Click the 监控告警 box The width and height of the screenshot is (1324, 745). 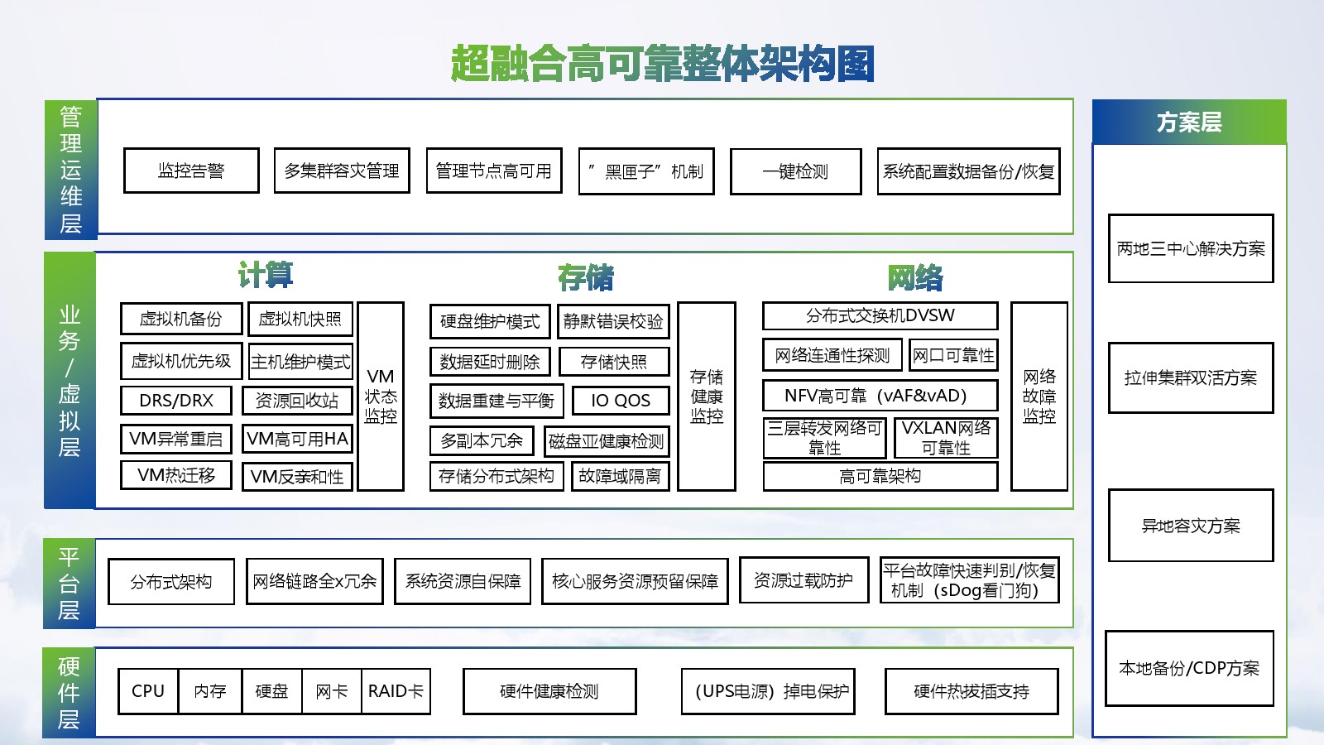click(191, 171)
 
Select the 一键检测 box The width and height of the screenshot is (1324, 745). click(795, 171)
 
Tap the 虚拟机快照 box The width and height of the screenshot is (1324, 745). click(300, 319)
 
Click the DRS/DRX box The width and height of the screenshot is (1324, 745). click(176, 401)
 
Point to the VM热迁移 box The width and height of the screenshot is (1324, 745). click(176, 475)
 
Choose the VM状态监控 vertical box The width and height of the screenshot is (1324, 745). click(381, 397)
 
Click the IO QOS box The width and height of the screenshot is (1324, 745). click(621, 401)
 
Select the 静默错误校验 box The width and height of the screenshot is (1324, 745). click(613, 321)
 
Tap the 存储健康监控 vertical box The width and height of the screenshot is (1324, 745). click(707, 397)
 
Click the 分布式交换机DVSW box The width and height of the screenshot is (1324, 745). click(880, 315)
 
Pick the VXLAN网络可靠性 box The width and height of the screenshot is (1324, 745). click(946, 438)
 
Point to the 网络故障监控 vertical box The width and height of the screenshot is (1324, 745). click(1039, 397)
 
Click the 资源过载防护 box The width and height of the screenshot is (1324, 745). click(804, 580)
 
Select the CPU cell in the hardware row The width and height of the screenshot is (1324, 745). click(148, 691)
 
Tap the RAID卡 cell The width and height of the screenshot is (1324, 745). click(396, 691)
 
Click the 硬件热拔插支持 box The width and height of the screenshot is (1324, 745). click(971, 691)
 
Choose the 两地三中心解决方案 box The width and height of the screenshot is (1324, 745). click(1191, 248)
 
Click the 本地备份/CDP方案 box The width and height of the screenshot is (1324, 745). click(1189, 668)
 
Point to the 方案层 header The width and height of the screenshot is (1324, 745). click(1189, 123)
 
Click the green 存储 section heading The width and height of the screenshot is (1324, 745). click(586, 277)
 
